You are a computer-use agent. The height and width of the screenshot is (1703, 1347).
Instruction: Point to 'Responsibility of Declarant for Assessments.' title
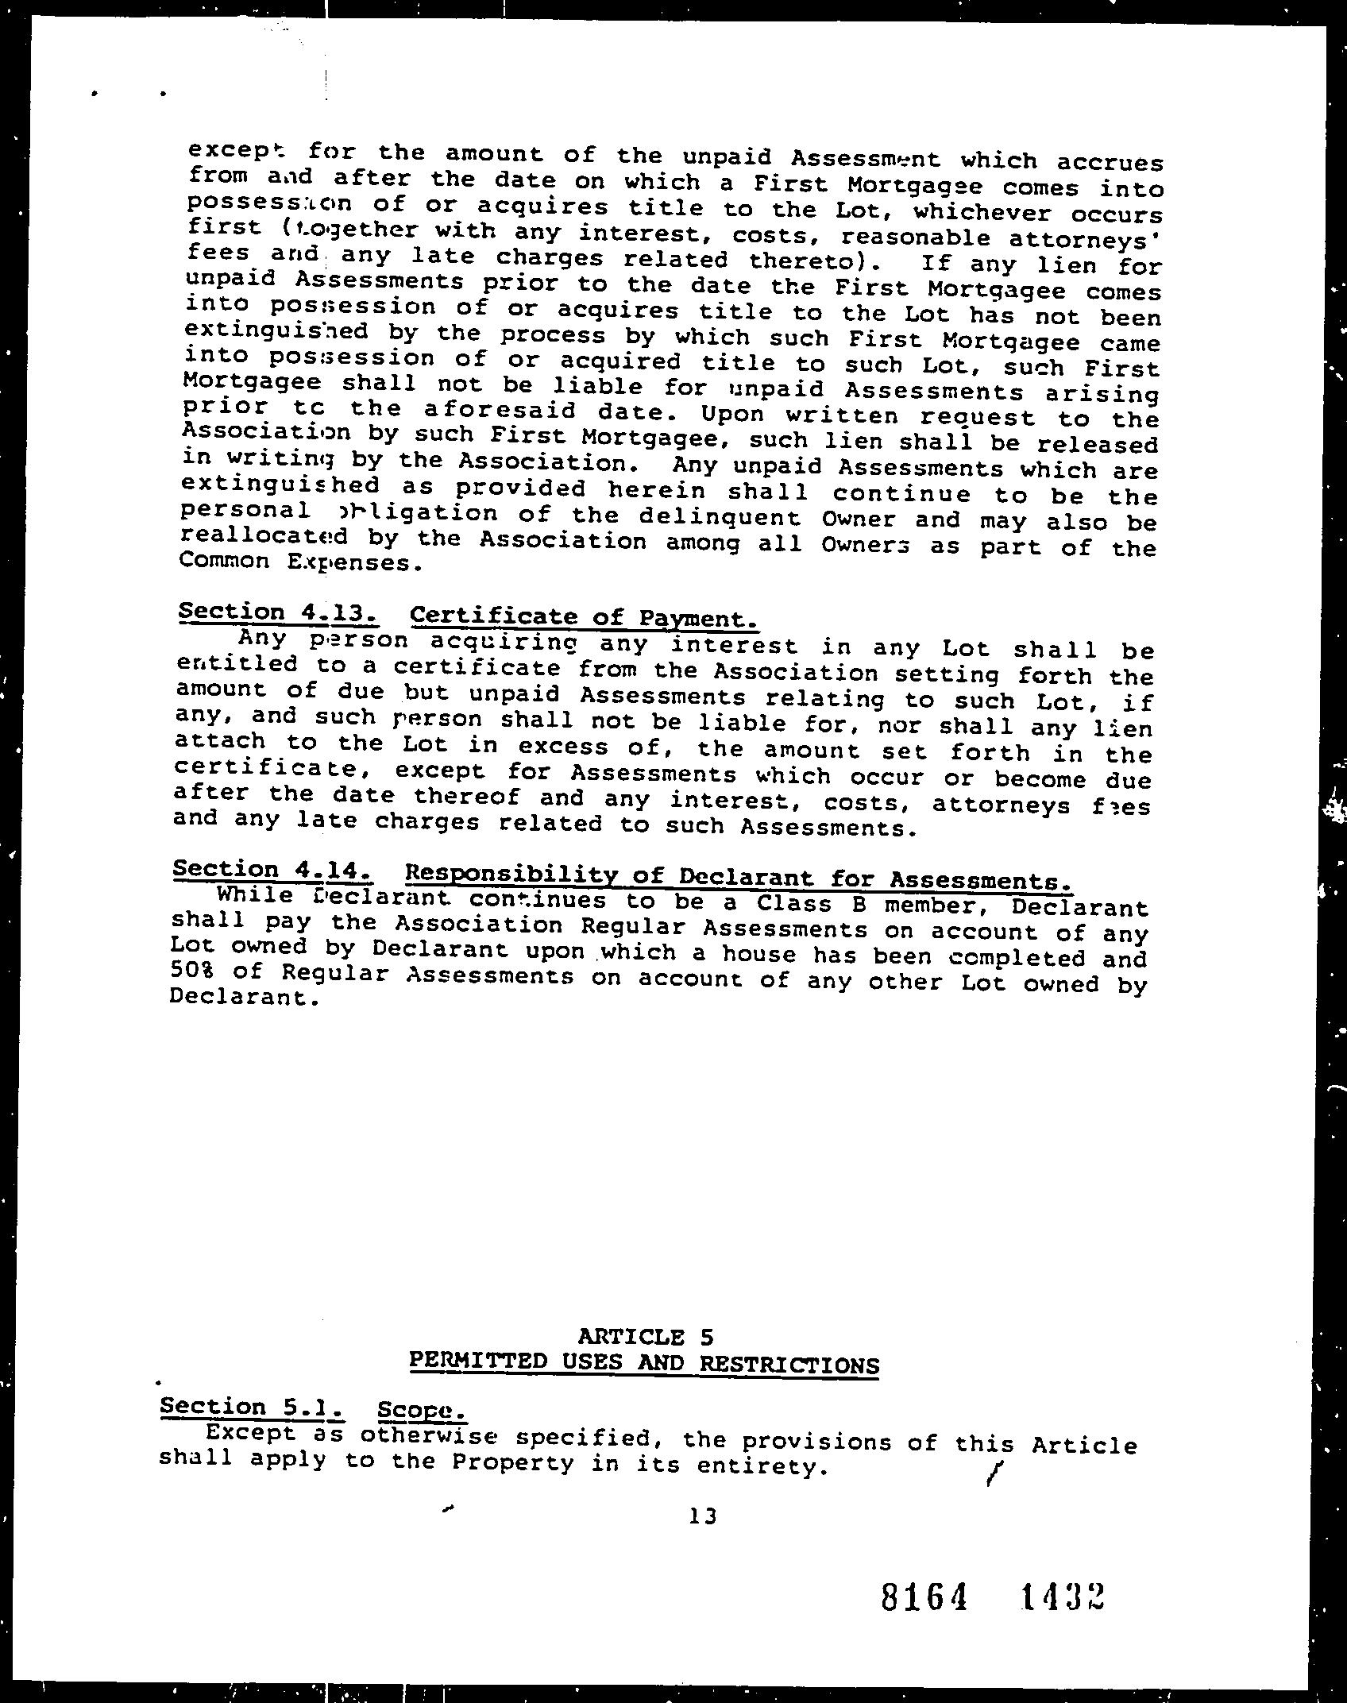tap(738, 878)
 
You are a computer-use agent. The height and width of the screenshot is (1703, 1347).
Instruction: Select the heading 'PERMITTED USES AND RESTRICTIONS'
tap(643, 1363)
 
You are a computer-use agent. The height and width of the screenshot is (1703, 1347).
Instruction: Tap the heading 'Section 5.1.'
tap(252, 1407)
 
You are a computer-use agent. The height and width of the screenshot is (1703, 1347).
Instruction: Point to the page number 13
tap(703, 1516)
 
